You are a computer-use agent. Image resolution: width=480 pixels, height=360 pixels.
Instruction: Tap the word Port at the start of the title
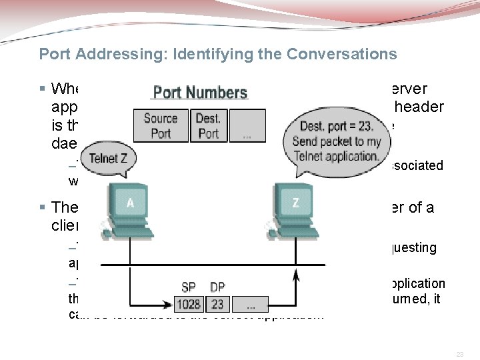[x=53, y=54]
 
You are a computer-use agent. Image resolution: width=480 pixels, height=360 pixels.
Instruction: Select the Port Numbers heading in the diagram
[x=200, y=93]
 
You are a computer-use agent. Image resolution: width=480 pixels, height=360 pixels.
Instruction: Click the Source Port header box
[x=161, y=126]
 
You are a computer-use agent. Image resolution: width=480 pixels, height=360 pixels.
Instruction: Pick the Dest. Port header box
[x=208, y=126]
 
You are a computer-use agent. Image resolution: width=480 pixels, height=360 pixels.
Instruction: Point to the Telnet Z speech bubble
[x=109, y=158]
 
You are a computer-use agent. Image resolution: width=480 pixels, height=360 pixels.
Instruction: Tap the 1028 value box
[x=189, y=304]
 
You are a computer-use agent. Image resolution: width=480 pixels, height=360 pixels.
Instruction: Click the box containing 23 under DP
[x=217, y=304]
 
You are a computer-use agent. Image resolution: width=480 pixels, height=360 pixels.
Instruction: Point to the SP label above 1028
[x=189, y=287]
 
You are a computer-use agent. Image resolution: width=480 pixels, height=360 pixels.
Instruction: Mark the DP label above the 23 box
[x=217, y=287]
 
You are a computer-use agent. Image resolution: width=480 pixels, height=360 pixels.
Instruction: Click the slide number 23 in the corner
[x=459, y=355]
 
